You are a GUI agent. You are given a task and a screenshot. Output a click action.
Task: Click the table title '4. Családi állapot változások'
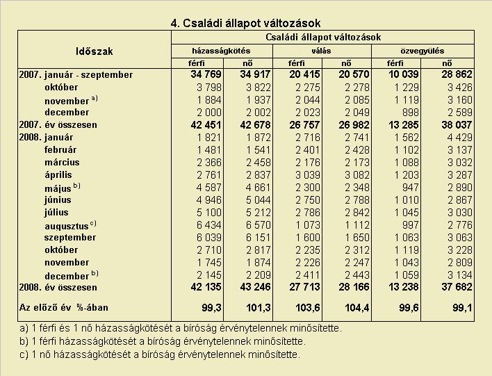246,23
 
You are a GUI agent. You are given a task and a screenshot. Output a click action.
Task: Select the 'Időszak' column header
94,51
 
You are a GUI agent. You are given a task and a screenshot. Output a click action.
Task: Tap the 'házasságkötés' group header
221,51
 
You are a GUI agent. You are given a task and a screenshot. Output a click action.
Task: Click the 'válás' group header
321,51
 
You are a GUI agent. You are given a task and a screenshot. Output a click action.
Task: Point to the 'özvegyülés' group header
423,51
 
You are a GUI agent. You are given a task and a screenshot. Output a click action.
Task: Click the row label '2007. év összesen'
58,125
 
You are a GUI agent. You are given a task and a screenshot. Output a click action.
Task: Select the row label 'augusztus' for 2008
67,226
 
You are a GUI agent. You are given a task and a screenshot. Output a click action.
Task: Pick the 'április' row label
58,175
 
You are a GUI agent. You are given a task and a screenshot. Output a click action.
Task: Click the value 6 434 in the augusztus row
209,225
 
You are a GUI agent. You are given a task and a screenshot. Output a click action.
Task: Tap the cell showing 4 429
459,138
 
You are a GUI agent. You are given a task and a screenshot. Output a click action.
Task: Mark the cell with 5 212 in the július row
259,213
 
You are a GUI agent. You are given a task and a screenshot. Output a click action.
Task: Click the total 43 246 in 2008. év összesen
256,287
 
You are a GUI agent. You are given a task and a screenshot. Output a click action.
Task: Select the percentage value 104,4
357,308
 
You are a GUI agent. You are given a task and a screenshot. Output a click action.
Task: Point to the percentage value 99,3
212,308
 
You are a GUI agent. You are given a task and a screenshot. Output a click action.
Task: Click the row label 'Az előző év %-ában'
64,308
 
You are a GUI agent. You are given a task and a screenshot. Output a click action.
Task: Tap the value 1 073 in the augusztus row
308,225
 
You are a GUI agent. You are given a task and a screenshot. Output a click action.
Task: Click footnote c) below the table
160,354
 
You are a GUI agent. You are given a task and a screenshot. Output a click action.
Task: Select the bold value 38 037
457,125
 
